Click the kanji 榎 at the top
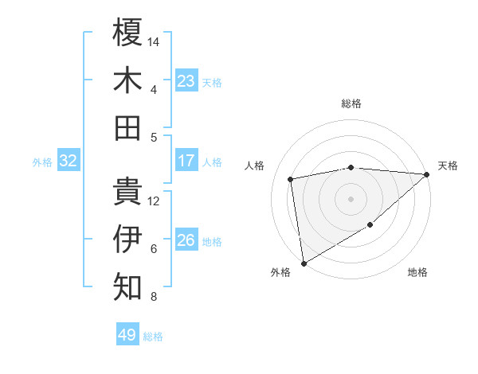tap(127, 33)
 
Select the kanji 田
tap(127, 128)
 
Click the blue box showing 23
tap(186, 81)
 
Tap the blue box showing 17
tap(186, 161)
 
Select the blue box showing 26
tap(186, 240)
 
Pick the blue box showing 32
tap(69, 161)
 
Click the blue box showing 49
tap(127, 335)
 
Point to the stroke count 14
tap(155, 41)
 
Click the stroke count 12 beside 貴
tap(155, 201)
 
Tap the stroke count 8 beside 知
tap(154, 297)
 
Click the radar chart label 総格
tap(351, 103)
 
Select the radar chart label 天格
tap(448, 166)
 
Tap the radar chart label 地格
tap(417, 272)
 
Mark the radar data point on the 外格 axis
tap(304, 263)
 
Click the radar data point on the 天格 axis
tap(427, 174)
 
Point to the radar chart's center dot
tap(351, 199)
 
